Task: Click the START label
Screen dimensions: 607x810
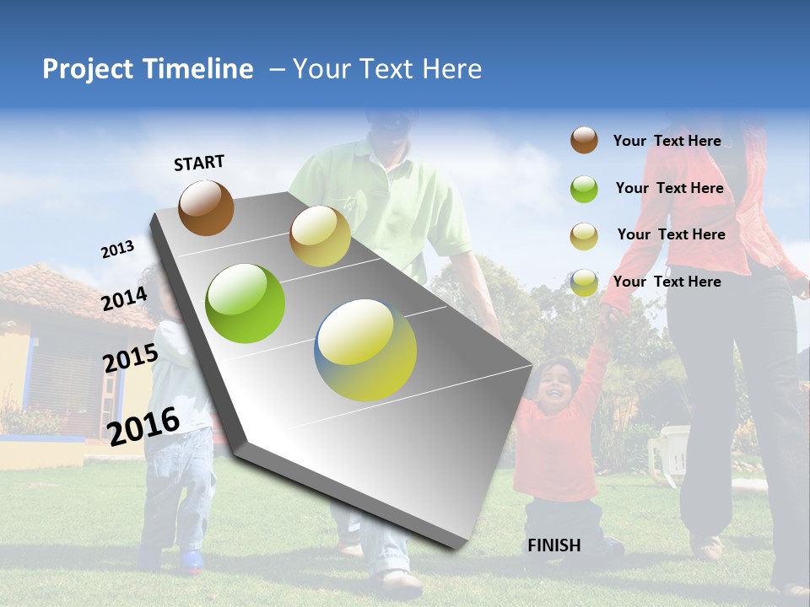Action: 199,163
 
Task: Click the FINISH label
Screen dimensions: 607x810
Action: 553,545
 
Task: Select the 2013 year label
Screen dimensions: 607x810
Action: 117,250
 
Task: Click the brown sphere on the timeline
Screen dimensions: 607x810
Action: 206,207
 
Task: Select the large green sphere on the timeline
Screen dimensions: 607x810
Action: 246,303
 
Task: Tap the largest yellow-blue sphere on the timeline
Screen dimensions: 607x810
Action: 365,350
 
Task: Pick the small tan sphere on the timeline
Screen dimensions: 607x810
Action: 320,236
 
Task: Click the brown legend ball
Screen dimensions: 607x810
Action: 584,140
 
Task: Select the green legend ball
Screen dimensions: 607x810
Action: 584,189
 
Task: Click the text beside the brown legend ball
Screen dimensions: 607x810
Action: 667,141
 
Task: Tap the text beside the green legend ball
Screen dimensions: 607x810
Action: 669,188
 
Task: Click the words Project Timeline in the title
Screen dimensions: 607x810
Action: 148,69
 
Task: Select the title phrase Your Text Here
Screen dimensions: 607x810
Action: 387,69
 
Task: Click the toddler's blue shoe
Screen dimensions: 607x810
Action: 192,560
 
